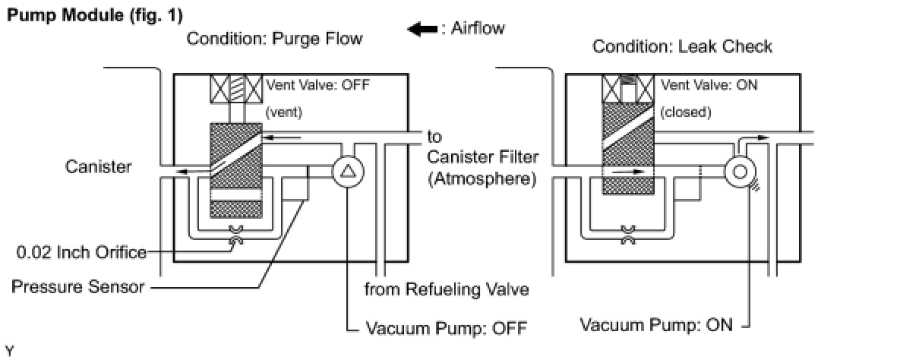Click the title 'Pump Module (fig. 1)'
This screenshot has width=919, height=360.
coord(95,16)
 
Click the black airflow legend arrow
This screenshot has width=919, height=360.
coord(422,29)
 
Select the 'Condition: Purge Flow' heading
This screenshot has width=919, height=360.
coord(274,39)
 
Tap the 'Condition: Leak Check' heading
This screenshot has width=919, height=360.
coord(682,46)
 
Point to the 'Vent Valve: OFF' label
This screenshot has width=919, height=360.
coord(318,85)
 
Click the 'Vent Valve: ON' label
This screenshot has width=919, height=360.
coord(709,85)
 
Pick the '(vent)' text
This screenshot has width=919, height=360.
coord(284,112)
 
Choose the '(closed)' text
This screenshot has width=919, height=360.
coord(686,112)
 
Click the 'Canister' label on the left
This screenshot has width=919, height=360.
coord(99,166)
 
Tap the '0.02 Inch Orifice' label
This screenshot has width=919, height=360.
coord(81,252)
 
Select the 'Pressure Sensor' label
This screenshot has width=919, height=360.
coord(78,286)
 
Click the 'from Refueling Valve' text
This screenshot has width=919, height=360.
coord(447,289)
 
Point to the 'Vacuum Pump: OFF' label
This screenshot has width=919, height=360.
coord(447,328)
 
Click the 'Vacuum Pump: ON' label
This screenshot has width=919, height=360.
coord(656,325)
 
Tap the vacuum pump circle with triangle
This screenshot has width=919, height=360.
coord(348,172)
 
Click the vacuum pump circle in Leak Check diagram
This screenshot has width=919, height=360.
coord(740,172)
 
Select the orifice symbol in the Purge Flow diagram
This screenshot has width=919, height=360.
coord(236,235)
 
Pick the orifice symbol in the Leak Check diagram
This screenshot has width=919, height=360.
coord(628,235)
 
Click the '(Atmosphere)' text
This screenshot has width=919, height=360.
coord(482,179)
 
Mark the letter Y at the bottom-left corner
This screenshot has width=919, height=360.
coord(9,351)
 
